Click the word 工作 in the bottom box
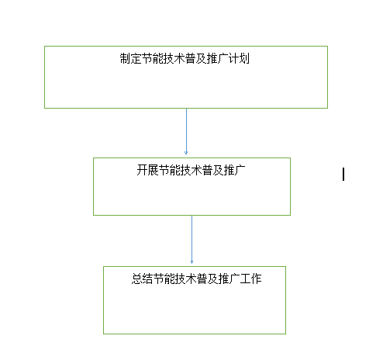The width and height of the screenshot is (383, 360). coord(250,279)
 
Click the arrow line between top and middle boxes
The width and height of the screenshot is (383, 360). coord(186,131)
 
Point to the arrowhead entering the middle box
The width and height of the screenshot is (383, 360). coord(186,153)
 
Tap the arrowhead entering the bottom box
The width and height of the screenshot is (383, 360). coord(191,262)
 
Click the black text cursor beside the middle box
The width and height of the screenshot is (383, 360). coord(343,174)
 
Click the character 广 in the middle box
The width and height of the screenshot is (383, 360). coord(240,170)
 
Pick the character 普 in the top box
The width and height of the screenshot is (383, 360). coord(191,58)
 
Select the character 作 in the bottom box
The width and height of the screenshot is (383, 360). coord(256,279)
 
